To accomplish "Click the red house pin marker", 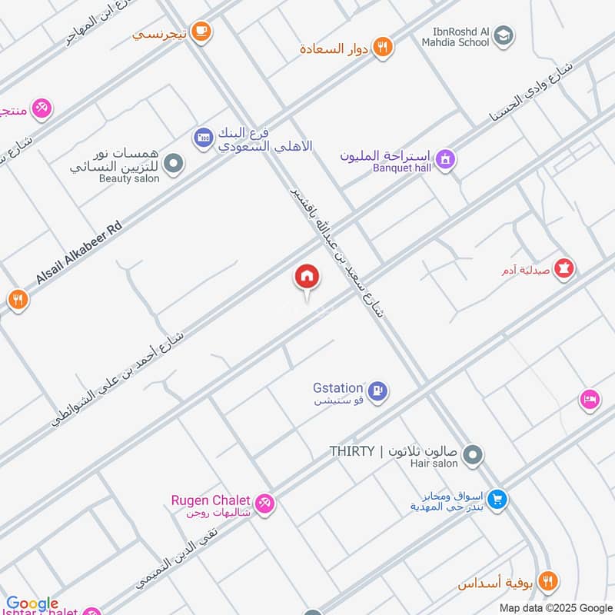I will (306, 277).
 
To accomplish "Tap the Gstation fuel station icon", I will (377, 392).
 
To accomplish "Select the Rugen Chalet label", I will (211, 501).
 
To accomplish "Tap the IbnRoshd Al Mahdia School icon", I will (504, 35).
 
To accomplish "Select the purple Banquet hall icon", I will (444, 160).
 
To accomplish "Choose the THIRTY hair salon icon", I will (474, 456).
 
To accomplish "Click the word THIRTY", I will (352, 450).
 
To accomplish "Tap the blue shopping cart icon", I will (497, 500).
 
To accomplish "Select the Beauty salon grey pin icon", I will (175, 163).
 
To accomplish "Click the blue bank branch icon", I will (203, 137).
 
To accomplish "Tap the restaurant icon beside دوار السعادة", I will (382, 48).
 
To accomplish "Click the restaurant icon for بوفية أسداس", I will (547, 581).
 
